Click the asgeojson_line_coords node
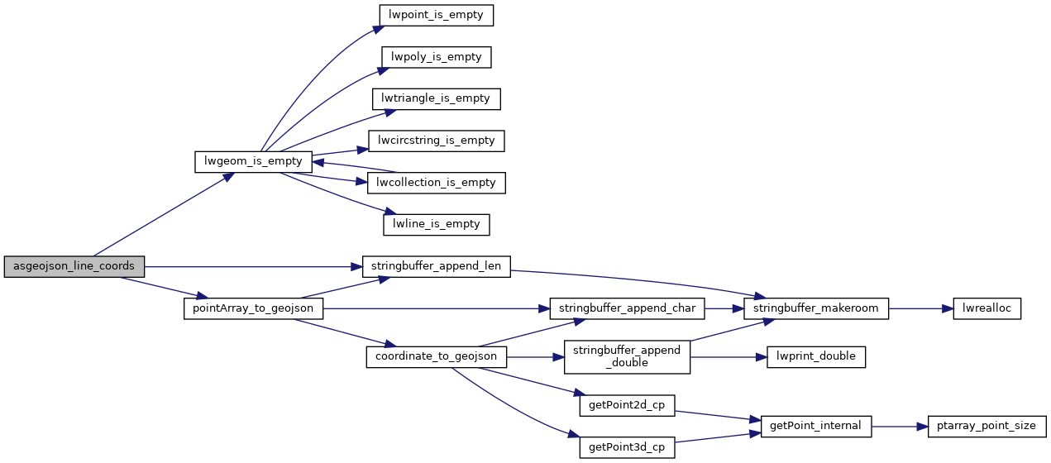click(x=74, y=266)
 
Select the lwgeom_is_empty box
click(x=253, y=161)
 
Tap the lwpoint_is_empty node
click(x=437, y=15)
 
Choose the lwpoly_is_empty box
click(x=437, y=57)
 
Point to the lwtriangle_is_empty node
click(x=437, y=98)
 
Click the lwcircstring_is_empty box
click(x=436, y=141)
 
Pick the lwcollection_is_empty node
click(x=436, y=183)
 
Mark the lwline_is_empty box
click(x=437, y=224)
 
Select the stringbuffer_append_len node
click(x=437, y=266)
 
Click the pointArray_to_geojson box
click(x=253, y=308)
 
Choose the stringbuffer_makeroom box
click(x=816, y=308)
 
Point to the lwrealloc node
click(x=987, y=308)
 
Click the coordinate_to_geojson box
click(x=436, y=357)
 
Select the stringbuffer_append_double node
click(x=627, y=357)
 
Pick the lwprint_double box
click(x=816, y=357)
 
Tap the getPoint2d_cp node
click(x=627, y=405)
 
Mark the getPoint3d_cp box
click(x=627, y=447)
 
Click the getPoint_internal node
click(x=816, y=426)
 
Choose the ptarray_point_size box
click(x=987, y=426)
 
